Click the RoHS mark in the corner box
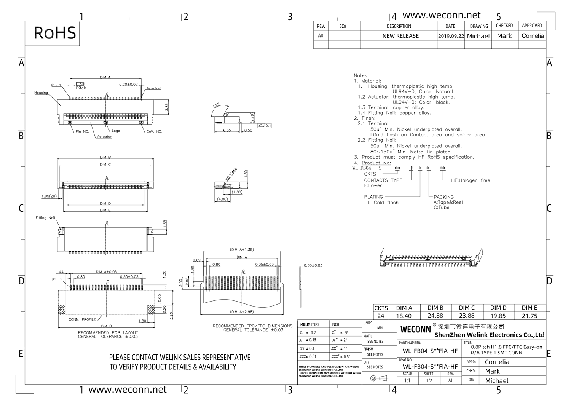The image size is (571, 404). pos(54,33)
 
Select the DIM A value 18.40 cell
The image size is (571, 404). pos(404,316)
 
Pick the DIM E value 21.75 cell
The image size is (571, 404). pos(530,316)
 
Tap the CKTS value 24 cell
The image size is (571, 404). pos(380,316)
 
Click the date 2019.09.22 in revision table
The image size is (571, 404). pos(451,36)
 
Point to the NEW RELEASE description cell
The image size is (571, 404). pos(400,36)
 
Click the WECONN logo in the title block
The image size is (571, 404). pos(415,329)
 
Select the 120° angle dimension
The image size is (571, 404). pos(217,105)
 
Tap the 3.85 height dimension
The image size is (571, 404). pos(167,107)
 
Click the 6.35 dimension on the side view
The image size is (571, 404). pos(227,130)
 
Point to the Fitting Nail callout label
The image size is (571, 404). pos(45,218)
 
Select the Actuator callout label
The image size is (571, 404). pos(104,137)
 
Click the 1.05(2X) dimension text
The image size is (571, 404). pos(49,196)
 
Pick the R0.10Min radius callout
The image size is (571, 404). pos(231,174)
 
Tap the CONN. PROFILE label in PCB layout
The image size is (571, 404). pos(82,319)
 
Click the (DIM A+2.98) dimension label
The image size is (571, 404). pos(242,312)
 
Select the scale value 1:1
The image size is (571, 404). pos(407,380)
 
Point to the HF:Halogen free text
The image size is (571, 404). pos(471,180)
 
